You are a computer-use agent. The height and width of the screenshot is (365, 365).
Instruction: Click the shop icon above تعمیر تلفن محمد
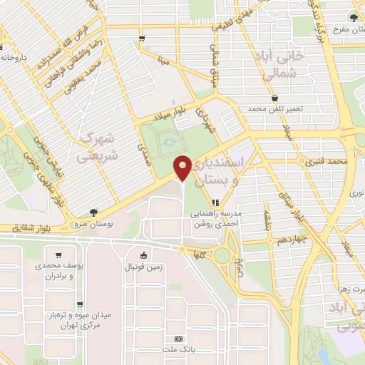coord(274,98)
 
